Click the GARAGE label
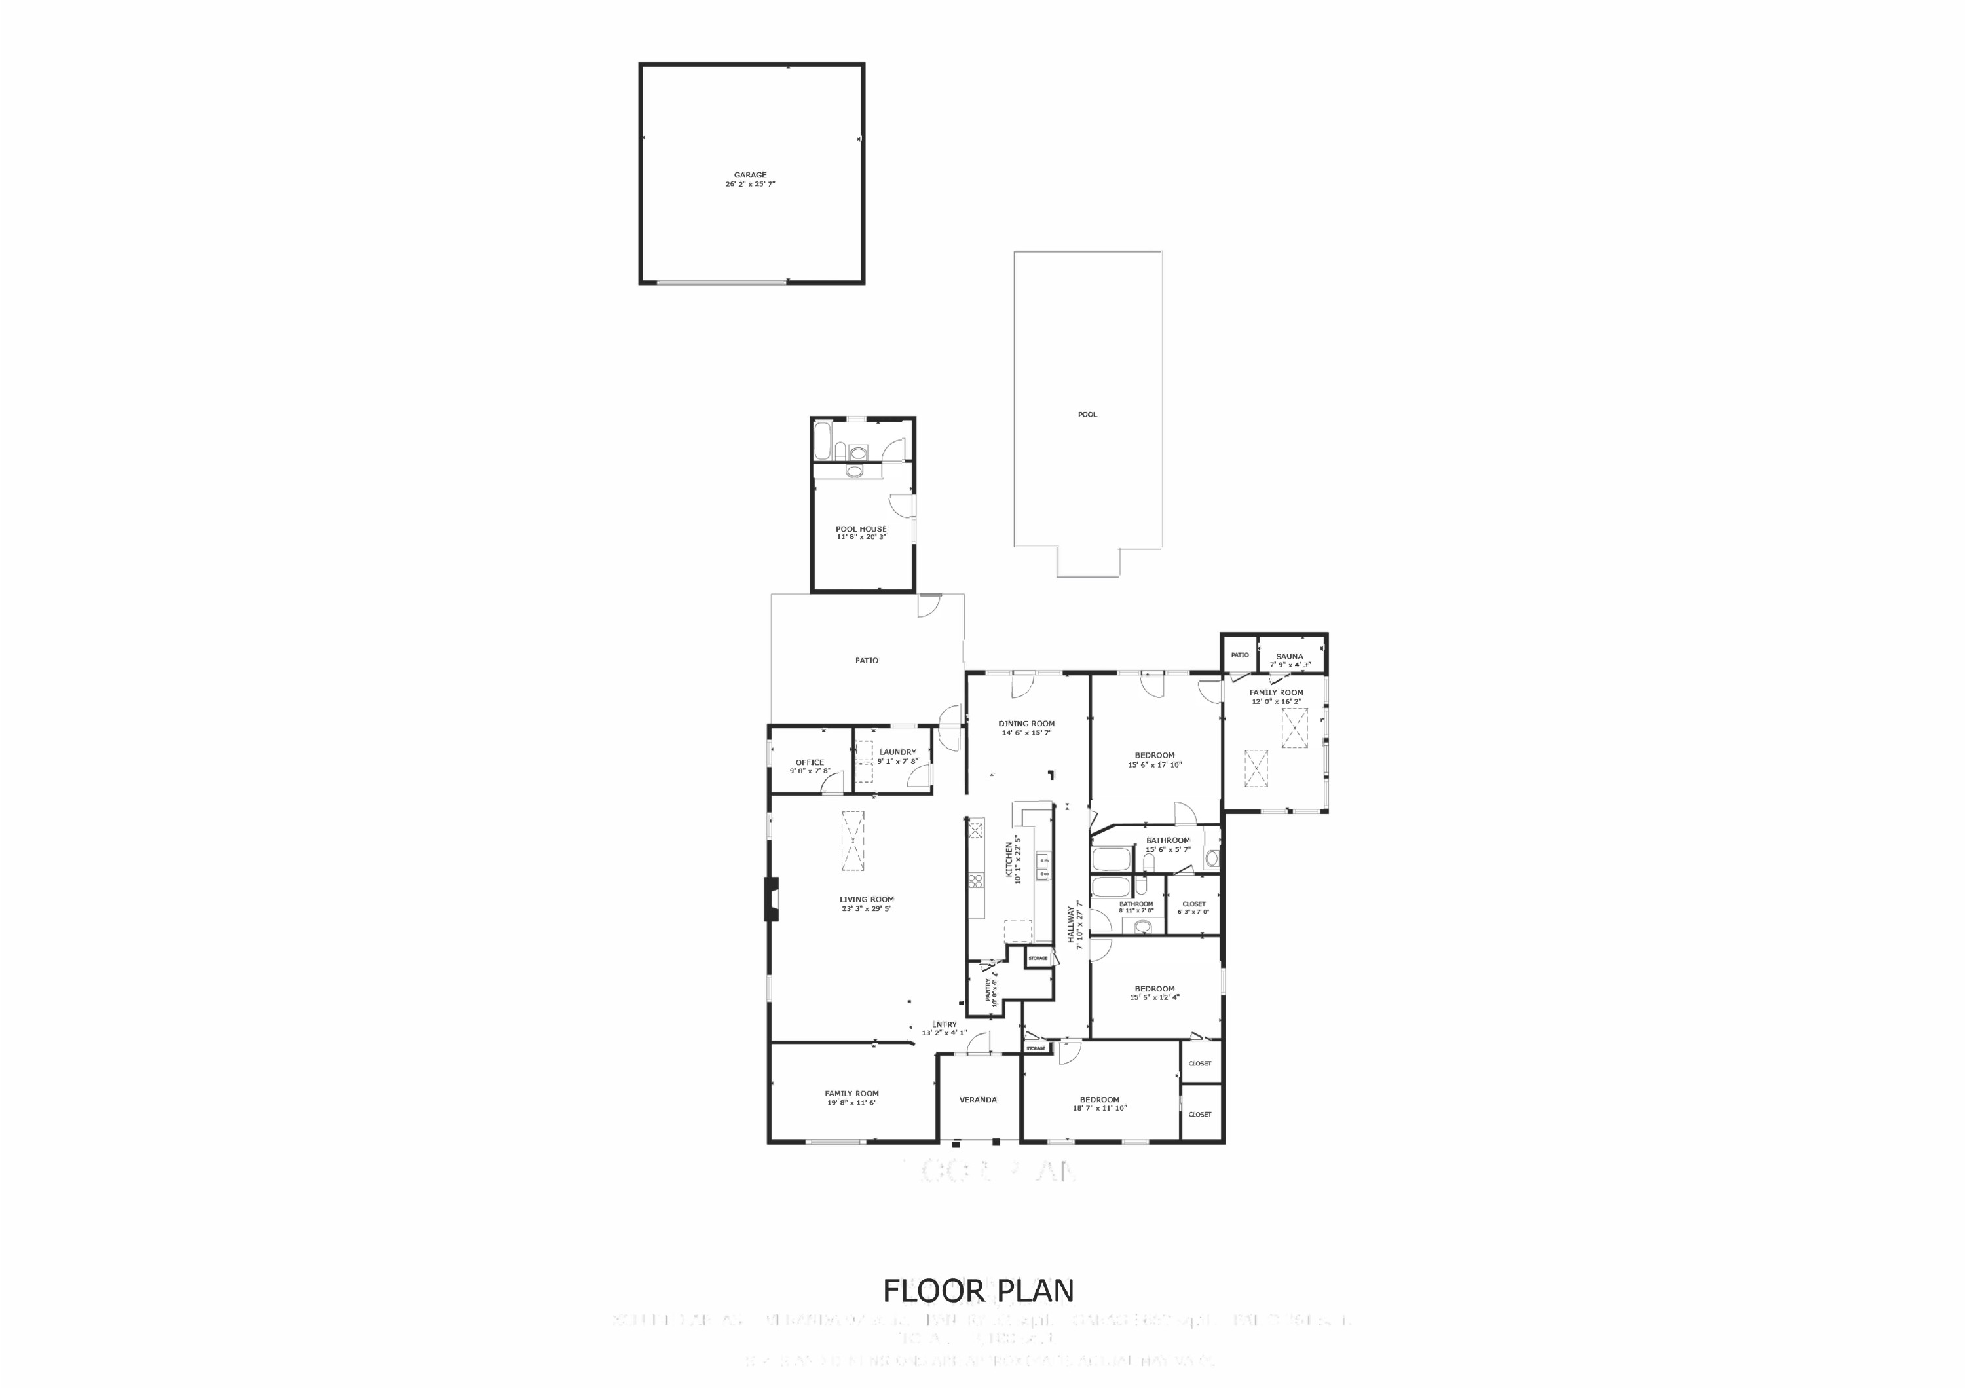coord(750,175)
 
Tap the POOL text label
coord(1087,415)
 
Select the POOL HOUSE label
coord(861,529)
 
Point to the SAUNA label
coord(1289,656)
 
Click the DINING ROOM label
coord(1026,723)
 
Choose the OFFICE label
coord(810,762)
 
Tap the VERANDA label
coord(977,1100)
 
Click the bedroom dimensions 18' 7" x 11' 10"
coord(1100,1108)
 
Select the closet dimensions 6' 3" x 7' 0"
coord(1193,912)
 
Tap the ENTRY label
coord(944,1024)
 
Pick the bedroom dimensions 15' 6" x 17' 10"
coord(1155,765)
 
